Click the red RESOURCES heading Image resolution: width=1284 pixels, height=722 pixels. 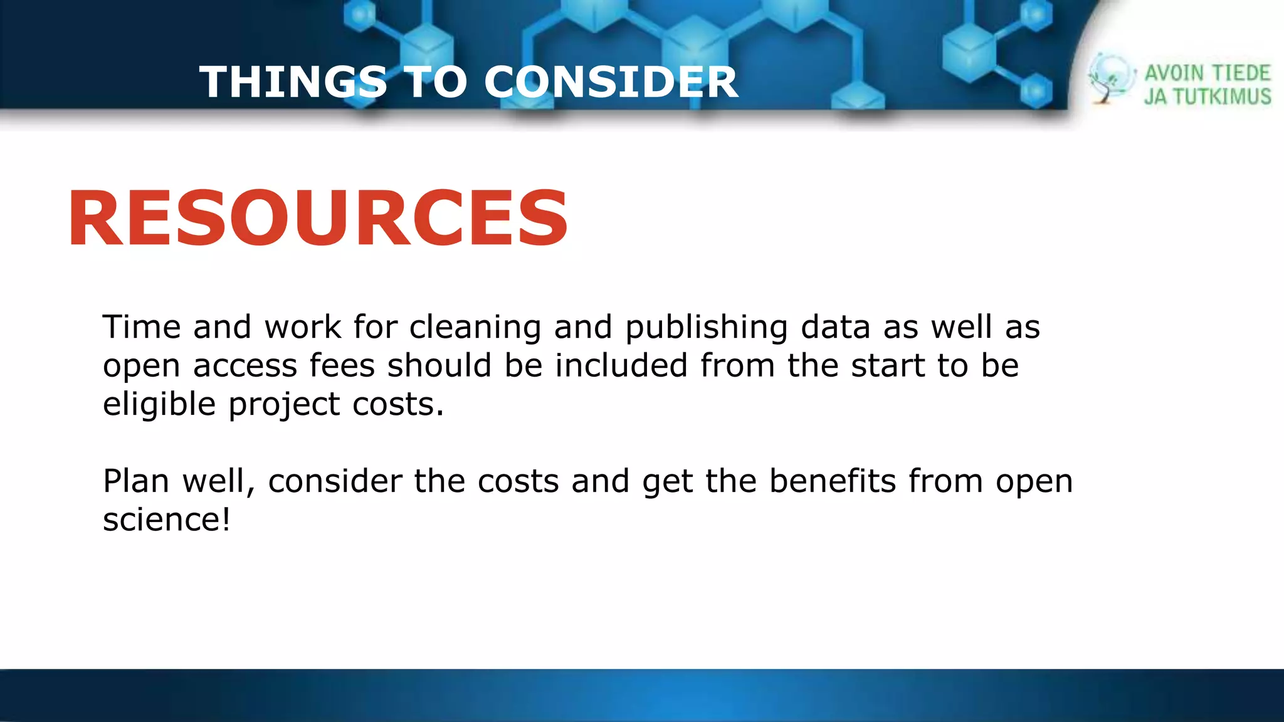(318, 219)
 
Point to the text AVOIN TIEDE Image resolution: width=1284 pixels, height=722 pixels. (1207, 73)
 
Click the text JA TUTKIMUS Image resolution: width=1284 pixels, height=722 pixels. (1207, 97)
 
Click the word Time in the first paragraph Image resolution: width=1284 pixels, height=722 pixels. (142, 327)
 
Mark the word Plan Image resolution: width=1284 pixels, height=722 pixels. (136, 481)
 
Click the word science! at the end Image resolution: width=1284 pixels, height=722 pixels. (167, 520)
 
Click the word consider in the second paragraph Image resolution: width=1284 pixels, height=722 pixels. (335, 481)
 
